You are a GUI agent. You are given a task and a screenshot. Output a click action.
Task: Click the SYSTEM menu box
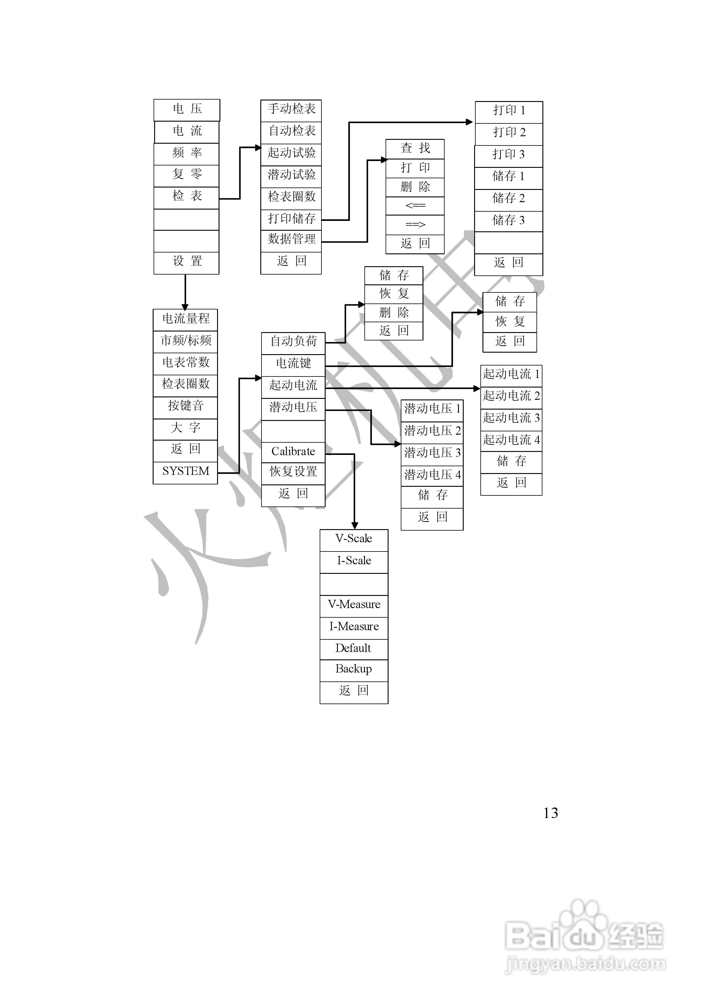(185, 473)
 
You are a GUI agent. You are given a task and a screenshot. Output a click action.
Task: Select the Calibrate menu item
(293, 452)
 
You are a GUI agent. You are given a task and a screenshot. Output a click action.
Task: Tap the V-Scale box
(354, 540)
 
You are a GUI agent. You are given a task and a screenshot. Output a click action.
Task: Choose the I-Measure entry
(354, 628)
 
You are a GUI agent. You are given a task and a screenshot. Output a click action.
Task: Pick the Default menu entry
(354, 649)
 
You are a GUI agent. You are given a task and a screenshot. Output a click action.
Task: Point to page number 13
(551, 813)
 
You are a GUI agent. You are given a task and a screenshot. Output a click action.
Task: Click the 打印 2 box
(509, 134)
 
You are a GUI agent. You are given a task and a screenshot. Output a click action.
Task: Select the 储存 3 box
(508, 221)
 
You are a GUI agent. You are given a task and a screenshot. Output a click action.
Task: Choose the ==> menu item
(415, 225)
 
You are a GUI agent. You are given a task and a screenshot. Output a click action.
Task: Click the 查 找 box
(415, 149)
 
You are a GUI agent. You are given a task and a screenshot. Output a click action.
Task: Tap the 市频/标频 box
(185, 342)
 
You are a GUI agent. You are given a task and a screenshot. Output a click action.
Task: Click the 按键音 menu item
(185, 408)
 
